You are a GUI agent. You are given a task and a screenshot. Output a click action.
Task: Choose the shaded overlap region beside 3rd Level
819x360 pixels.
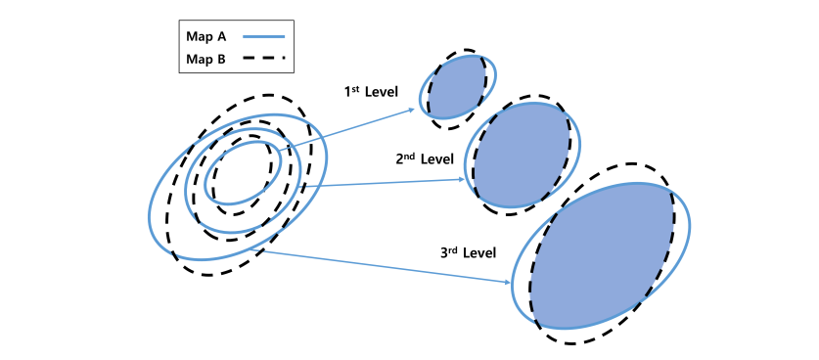coord(602,256)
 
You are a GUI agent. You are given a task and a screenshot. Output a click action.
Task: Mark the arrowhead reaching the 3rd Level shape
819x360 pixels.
coord(507,283)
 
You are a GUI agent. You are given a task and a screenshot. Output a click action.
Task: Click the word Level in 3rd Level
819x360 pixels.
coord(479,252)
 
